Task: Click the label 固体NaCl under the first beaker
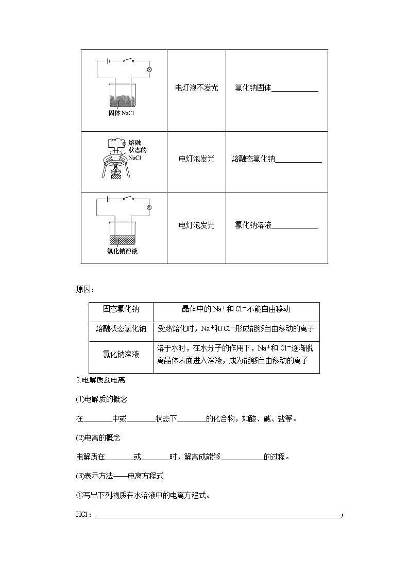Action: click(121, 113)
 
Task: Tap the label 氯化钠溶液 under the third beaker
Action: click(122, 251)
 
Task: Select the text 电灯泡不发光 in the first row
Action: click(196, 88)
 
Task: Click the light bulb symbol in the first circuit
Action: click(149, 69)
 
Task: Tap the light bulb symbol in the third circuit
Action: click(149, 207)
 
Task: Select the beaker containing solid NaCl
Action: click(122, 95)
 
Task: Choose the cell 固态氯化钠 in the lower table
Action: click(121, 309)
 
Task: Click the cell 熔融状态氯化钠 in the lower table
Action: click(121, 329)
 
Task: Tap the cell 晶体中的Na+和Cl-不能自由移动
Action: click(236, 309)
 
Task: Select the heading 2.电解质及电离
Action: click(100, 380)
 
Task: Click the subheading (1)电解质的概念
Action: click(101, 399)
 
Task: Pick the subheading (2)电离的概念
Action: click(98, 438)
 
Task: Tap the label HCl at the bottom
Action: click(82, 515)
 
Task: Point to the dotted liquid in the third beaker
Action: click(122, 239)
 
